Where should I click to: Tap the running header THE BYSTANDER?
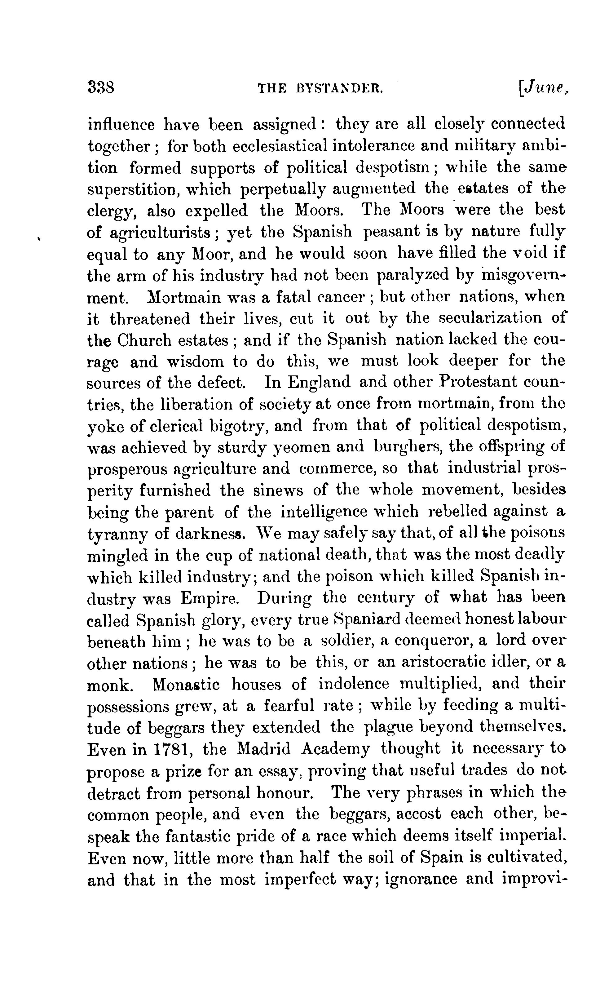tap(320, 88)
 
